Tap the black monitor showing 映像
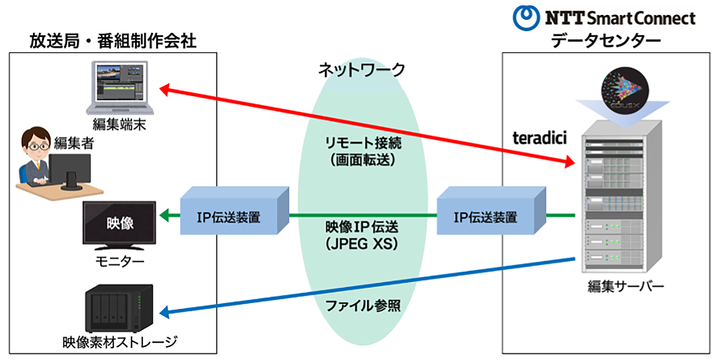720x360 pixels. point(119,226)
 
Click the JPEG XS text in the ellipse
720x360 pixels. point(362,245)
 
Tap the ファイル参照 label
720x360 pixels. point(362,305)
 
